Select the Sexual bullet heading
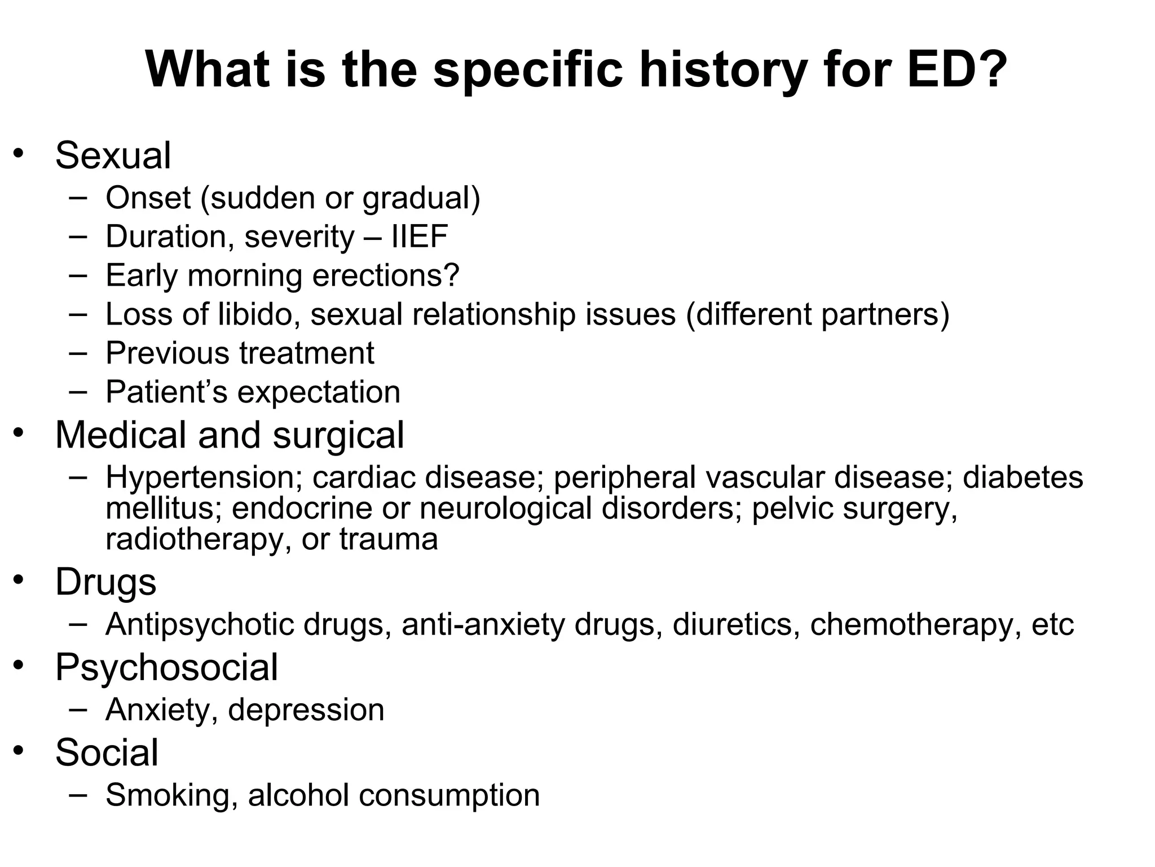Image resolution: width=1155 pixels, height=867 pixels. (x=113, y=155)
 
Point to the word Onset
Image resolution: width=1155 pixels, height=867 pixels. (x=148, y=198)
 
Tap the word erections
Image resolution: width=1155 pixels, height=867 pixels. (x=386, y=275)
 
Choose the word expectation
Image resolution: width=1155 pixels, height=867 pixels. (x=319, y=392)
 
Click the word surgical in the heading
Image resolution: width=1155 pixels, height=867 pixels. (x=338, y=435)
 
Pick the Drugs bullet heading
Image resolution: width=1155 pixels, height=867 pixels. (x=105, y=582)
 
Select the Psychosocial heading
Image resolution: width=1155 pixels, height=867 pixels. (x=166, y=667)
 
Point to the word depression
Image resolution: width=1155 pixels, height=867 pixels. (x=306, y=710)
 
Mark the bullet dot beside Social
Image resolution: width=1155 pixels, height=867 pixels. (x=20, y=750)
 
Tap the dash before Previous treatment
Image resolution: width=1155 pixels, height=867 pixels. (x=78, y=353)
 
